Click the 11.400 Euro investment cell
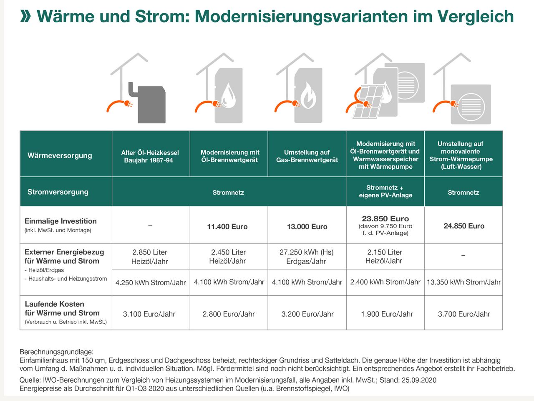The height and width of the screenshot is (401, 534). click(x=227, y=226)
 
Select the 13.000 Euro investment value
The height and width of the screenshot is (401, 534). click(x=307, y=226)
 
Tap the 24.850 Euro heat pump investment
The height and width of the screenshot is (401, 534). click(x=464, y=226)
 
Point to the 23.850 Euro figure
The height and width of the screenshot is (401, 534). click(x=385, y=218)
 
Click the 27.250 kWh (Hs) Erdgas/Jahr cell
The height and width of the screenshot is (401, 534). click(x=307, y=256)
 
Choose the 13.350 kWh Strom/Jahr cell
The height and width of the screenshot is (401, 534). click(x=463, y=282)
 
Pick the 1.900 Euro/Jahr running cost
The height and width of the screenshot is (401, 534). click(x=387, y=314)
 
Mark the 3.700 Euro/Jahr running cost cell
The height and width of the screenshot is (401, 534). click(x=464, y=314)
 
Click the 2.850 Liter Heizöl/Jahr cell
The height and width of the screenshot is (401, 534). click(x=150, y=256)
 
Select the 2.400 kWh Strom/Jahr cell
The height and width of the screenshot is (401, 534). click(x=385, y=282)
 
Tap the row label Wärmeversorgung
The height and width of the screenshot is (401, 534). click(x=60, y=155)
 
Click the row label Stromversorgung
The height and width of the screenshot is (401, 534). click(x=58, y=192)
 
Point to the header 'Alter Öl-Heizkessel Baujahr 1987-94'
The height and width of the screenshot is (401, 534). click(x=150, y=156)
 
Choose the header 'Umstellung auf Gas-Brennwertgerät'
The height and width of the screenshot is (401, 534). click(x=307, y=156)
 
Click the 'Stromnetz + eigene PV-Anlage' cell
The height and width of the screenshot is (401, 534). click(x=385, y=191)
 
